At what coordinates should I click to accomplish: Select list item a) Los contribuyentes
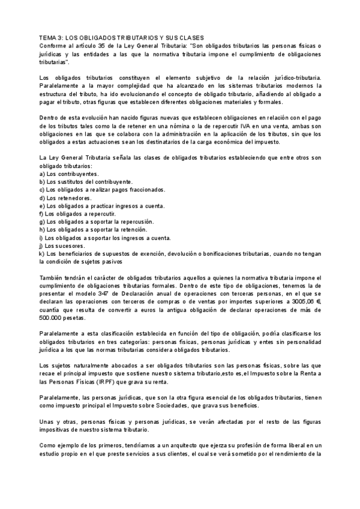click(x=68, y=173)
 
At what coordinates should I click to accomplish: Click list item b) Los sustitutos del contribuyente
click(x=86, y=181)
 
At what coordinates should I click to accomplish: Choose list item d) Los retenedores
click(x=65, y=197)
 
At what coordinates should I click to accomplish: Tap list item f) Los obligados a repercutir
click(x=77, y=214)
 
